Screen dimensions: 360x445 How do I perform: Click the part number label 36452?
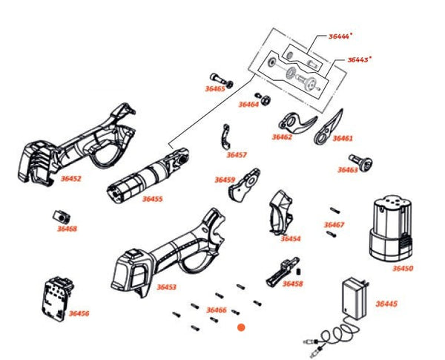pyautogui.click(x=70, y=179)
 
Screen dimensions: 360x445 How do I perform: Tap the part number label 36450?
pyautogui.click(x=403, y=268)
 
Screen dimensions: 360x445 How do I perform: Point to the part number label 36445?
pyautogui.click(x=386, y=304)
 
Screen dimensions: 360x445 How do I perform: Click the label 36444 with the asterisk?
pyautogui.click(x=340, y=36)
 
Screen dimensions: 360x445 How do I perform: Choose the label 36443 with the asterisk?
pyautogui.click(x=360, y=59)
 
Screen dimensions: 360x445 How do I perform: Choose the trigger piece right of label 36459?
pyautogui.click(x=245, y=186)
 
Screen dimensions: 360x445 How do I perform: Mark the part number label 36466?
pyautogui.click(x=216, y=310)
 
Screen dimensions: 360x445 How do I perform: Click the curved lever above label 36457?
pyautogui.click(x=225, y=138)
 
